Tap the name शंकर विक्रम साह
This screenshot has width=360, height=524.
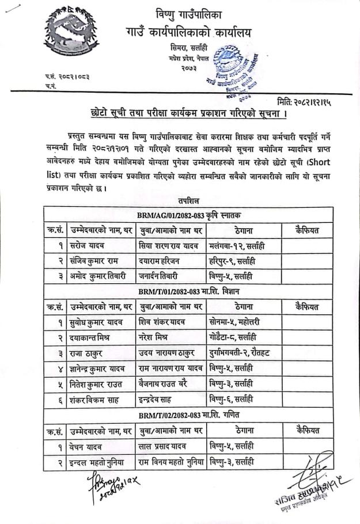(96, 399)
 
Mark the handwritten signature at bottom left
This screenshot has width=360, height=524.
(96, 480)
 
